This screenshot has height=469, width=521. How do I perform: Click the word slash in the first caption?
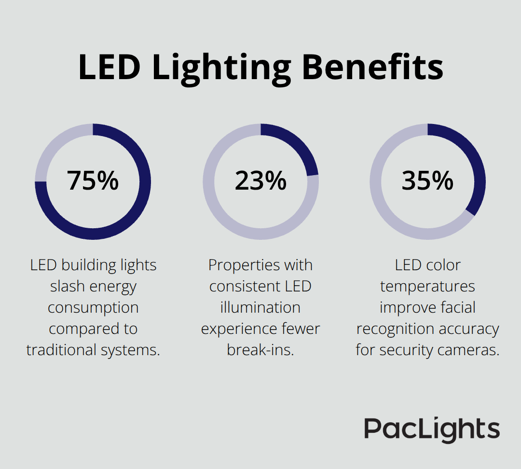[66, 286]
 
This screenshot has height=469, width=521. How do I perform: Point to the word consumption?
[93, 307]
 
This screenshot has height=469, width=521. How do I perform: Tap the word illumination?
[260, 307]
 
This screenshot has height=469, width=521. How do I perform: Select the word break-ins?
[260, 350]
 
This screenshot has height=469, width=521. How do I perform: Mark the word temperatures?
[427, 286]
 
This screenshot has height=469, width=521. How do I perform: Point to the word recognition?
[390, 329]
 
